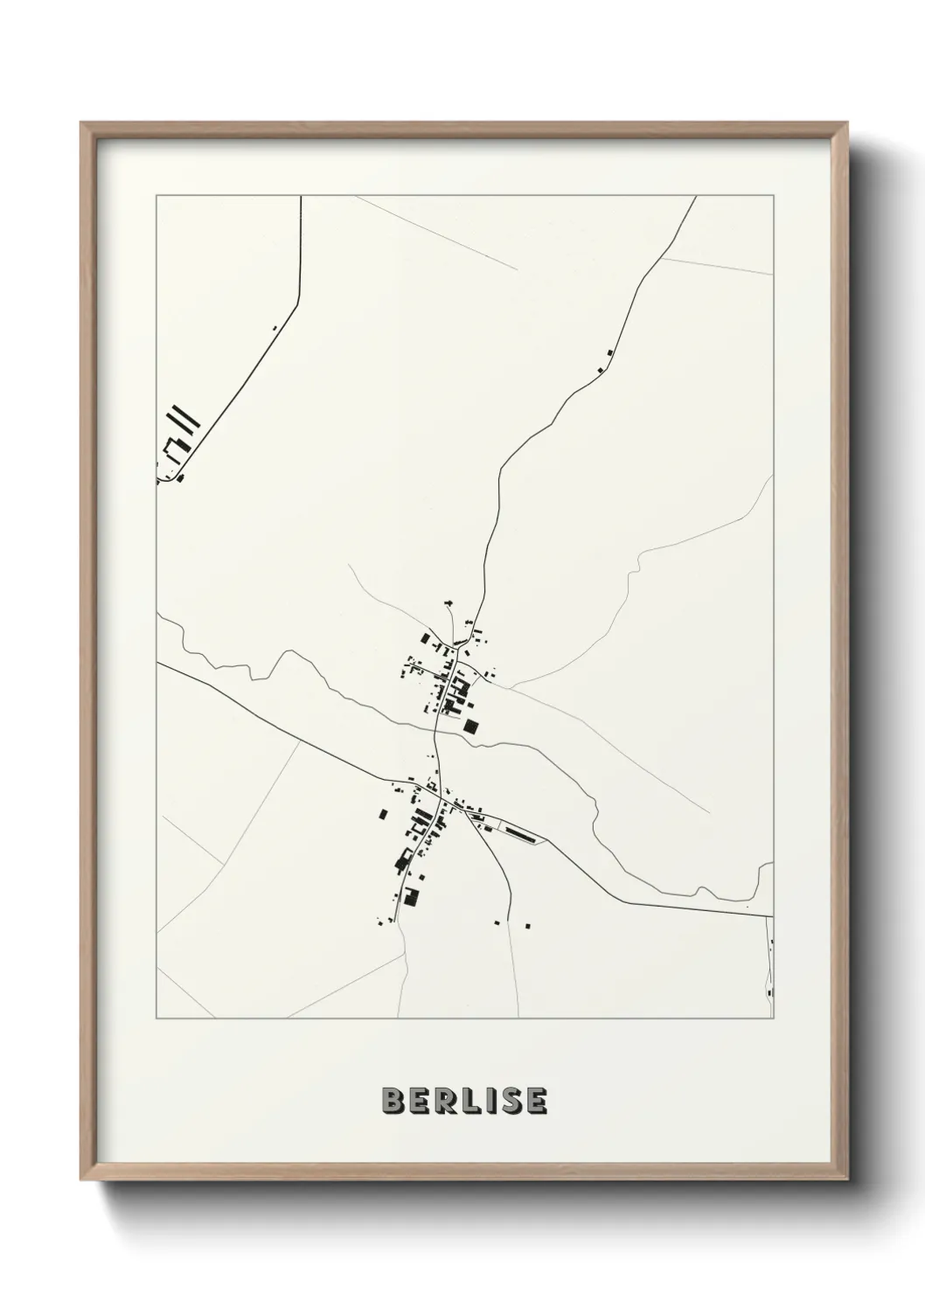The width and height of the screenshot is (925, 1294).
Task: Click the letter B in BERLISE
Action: tap(392, 1101)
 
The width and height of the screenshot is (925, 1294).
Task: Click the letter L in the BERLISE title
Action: tap(462, 1101)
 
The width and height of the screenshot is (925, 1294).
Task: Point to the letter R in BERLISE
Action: tap(441, 1101)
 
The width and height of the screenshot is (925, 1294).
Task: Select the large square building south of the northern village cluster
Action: tap(471, 726)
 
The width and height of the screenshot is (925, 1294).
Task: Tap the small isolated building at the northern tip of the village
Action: tap(449, 602)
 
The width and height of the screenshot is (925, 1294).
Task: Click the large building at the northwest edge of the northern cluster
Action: tap(426, 638)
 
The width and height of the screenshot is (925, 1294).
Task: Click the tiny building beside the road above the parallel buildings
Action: tap(274, 328)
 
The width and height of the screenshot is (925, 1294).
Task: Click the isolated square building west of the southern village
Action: tap(383, 814)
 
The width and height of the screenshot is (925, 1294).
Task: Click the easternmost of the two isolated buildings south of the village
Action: tap(528, 924)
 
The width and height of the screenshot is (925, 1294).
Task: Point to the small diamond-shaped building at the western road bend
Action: tap(182, 477)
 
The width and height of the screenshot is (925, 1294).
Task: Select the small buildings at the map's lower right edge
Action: tap(770, 970)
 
